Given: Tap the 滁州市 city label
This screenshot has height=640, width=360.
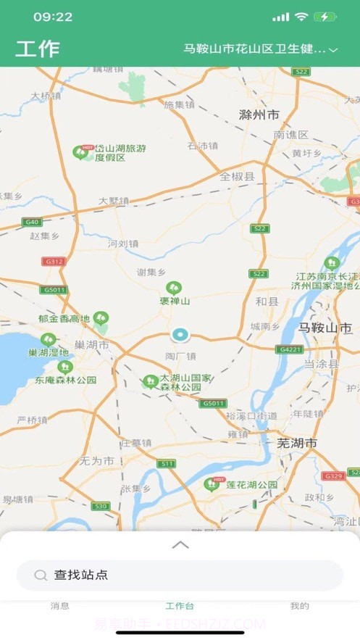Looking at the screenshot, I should pyautogui.click(x=259, y=115).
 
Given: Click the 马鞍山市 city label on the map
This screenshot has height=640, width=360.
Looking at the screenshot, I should pyautogui.click(x=326, y=327).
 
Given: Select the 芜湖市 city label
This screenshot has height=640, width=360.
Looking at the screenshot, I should pyautogui.click(x=297, y=442).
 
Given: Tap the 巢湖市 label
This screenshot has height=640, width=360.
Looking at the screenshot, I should pyautogui.click(x=92, y=345).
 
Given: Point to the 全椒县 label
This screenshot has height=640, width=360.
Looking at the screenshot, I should pyautogui.click(x=238, y=176).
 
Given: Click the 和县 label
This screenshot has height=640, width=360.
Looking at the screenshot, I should pyautogui.click(x=267, y=300).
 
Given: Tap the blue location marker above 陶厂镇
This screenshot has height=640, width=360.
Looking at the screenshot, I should pyautogui.click(x=179, y=335).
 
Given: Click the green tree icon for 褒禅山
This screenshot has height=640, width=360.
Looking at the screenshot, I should pyautogui.click(x=174, y=288).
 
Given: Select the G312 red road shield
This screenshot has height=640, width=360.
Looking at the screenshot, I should pyautogui.click(x=53, y=261).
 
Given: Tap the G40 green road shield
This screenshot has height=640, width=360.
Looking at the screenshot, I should pyautogui.click(x=31, y=222).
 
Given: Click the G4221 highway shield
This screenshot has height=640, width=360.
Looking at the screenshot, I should pyautogui.click(x=289, y=349).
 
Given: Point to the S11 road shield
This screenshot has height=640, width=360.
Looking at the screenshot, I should pyautogui.click(x=167, y=463).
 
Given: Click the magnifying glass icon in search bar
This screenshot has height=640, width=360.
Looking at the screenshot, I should pyautogui.click(x=41, y=575).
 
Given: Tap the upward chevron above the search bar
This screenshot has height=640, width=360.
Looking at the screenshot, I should pyautogui.click(x=180, y=545).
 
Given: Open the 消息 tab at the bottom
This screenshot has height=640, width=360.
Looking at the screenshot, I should pyautogui.click(x=60, y=606).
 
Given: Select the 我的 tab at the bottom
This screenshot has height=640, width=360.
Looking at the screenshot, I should pyautogui.click(x=299, y=606).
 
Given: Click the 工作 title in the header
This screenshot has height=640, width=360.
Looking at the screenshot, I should pyautogui.click(x=38, y=49).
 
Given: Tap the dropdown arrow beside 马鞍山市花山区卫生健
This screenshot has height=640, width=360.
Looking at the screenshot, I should pyautogui.click(x=333, y=50).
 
